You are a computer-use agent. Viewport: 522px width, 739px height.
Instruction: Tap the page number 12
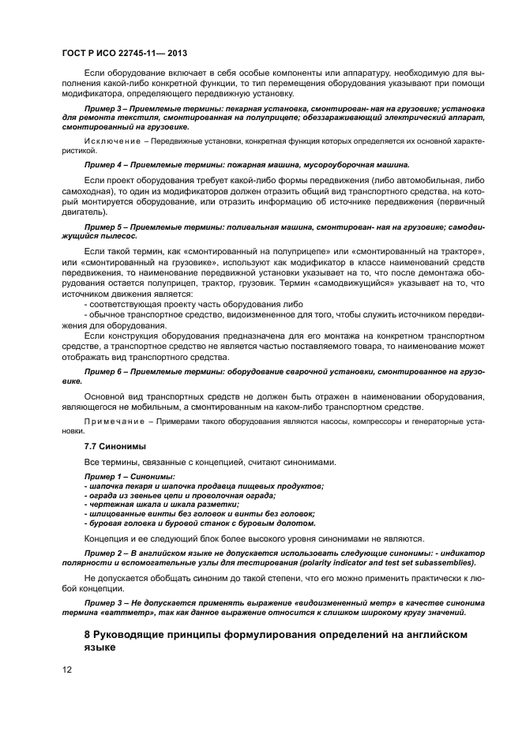point(67,670)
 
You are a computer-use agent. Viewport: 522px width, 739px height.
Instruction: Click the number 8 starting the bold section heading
point(88,634)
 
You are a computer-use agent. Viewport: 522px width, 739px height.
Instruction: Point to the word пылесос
point(118,235)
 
